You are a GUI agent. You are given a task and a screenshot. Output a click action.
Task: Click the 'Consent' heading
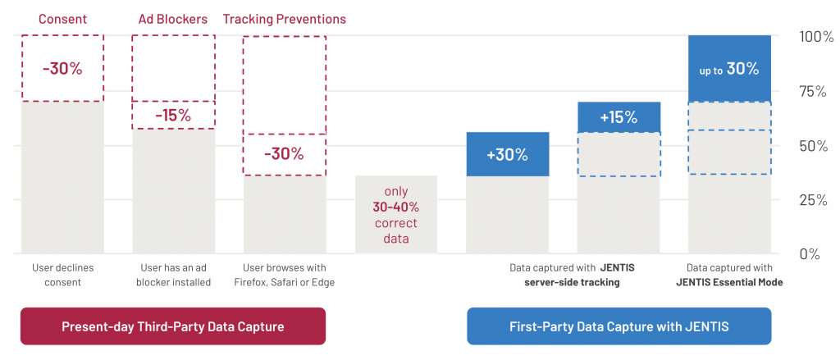pos(62,20)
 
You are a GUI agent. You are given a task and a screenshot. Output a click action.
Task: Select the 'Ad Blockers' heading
pos(172,20)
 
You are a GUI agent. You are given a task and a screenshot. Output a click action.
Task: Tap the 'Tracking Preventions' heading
pos(285,20)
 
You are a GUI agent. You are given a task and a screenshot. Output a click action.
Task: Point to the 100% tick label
pos(816,38)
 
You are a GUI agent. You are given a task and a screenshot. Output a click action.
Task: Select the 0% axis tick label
pos(810,254)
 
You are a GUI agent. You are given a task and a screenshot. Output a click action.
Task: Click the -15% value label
pos(173,115)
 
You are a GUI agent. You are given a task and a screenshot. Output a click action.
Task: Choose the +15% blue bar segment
pos(619,116)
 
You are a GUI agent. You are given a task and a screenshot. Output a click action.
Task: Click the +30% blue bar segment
pos(508,154)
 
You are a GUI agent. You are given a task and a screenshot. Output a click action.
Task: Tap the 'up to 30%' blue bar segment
pos(729,69)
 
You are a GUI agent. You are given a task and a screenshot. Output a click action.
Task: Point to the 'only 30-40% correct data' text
pos(396,215)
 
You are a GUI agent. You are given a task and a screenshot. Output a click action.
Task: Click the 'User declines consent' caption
pos(62,275)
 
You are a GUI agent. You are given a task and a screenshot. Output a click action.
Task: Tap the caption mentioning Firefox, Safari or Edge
pos(285,275)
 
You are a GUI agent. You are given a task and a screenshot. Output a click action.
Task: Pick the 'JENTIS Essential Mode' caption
pos(729,275)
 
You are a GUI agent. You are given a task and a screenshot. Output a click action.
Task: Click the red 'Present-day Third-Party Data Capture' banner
pos(173,326)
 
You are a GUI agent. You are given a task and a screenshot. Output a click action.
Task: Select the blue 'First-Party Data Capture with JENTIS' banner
pos(619,326)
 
